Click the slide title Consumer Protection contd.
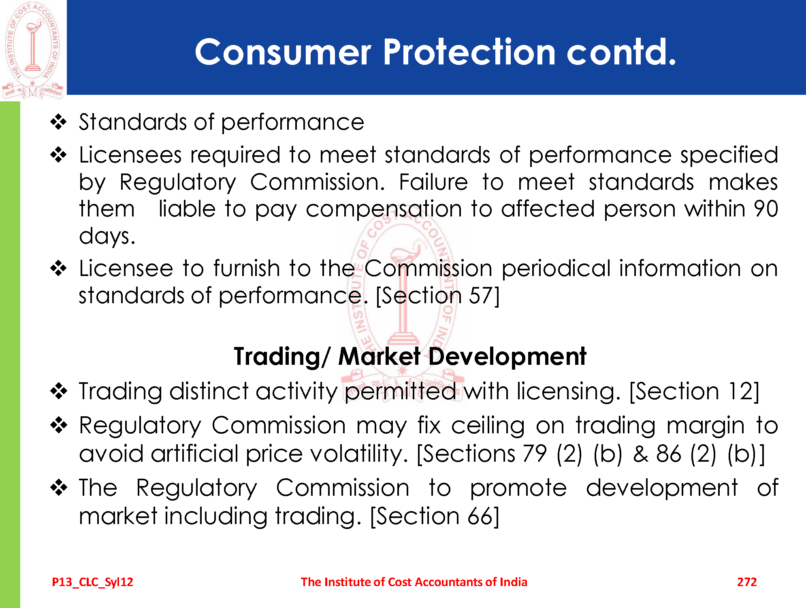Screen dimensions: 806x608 pos(435,52)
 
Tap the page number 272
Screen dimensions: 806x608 pos(747,582)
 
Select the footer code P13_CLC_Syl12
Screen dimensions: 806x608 pos(92,582)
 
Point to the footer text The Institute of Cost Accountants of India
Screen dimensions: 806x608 pos(414,582)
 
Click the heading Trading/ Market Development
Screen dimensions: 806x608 pos(410,356)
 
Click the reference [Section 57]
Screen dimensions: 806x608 pos(438,295)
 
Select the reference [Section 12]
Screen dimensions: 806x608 pos(694,392)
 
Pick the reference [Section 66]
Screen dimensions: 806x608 pos(435,516)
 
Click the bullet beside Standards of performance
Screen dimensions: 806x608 pos(59,122)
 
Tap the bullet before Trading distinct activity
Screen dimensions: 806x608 pos(59,391)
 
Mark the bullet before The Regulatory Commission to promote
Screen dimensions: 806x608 pos(59,488)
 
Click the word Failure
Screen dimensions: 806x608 pos(433,182)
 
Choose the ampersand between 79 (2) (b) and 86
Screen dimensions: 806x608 pos(640,454)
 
